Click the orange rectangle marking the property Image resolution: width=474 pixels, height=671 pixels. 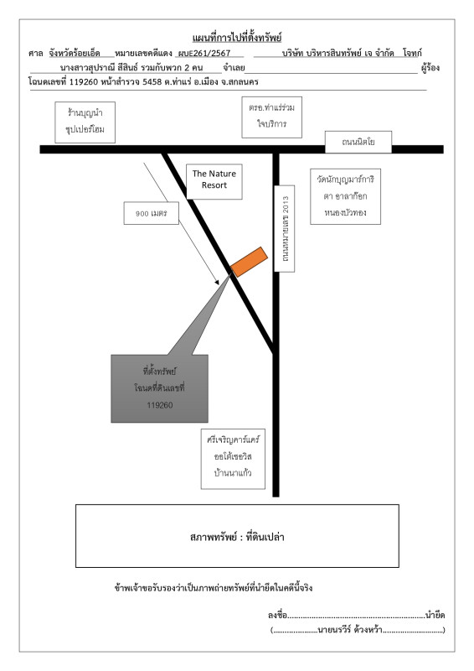[x=250, y=262]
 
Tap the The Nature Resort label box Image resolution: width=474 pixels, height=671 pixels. [x=214, y=181]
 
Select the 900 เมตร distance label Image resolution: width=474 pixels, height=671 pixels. [x=152, y=213]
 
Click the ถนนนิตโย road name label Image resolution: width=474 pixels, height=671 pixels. [x=358, y=142]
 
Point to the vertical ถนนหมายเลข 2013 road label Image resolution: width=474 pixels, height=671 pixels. [x=284, y=228]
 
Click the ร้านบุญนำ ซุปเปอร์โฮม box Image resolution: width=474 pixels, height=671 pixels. [x=85, y=122]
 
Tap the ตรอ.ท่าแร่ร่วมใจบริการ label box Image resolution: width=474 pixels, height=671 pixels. [x=272, y=117]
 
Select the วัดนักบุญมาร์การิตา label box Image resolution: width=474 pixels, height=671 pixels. [x=345, y=196]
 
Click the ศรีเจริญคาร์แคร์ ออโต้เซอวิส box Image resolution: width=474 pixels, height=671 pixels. [x=233, y=459]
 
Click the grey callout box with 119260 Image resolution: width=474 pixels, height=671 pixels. [x=159, y=388]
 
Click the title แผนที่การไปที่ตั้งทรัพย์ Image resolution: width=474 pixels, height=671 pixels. [x=237, y=38]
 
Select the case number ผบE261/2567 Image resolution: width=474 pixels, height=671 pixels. [x=204, y=54]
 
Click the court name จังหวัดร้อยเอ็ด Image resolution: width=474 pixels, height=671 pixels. [x=75, y=53]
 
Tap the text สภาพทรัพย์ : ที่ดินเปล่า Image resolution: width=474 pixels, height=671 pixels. [x=237, y=537]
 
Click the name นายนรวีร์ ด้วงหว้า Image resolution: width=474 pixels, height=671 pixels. [x=350, y=630]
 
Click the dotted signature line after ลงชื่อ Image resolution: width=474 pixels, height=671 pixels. [x=356, y=617]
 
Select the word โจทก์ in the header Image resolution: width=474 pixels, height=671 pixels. [x=412, y=53]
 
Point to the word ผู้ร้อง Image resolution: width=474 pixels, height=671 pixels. [x=430, y=68]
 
